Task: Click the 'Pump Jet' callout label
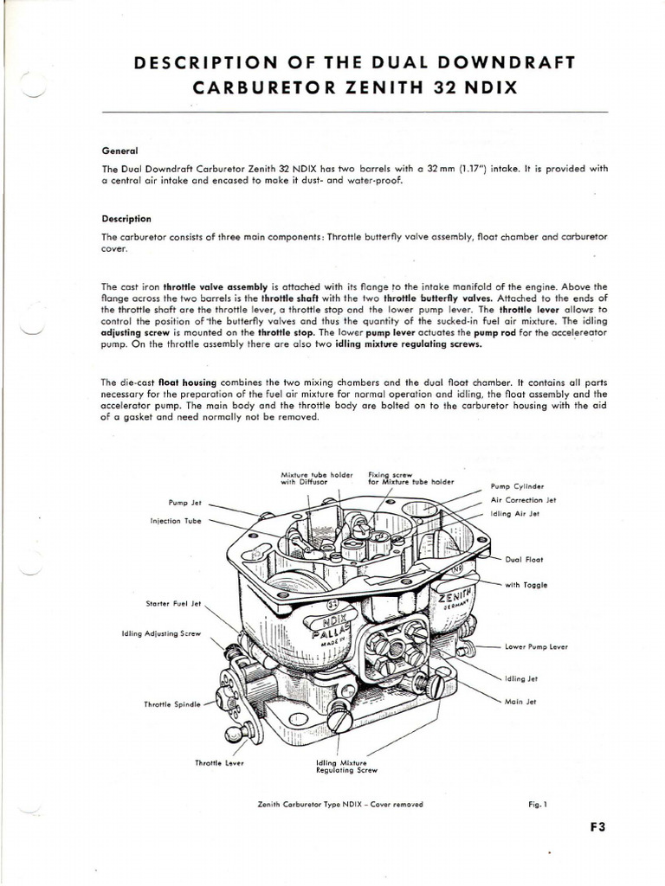click(x=184, y=503)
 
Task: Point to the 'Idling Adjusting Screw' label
click(x=162, y=633)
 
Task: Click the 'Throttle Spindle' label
click(x=172, y=704)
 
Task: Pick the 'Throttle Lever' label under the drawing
click(x=220, y=762)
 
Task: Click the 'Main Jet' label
click(x=520, y=702)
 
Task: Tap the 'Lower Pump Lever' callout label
click(x=535, y=646)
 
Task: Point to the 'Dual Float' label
click(x=523, y=559)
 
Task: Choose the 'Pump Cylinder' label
click(x=516, y=486)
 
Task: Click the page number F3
click(x=597, y=825)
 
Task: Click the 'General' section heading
click(x=119, y=150)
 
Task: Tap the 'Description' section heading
click(x=126, y=219)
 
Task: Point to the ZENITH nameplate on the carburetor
click(x=456, y=594)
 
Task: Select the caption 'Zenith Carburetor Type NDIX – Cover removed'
click(x=340, y=804)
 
